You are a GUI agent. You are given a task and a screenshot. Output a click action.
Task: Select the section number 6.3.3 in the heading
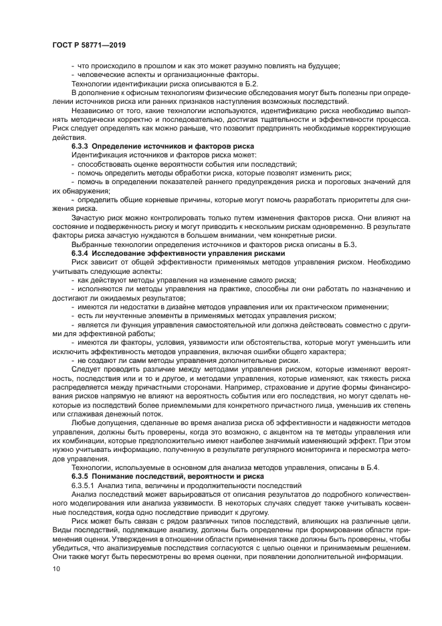point(80,145)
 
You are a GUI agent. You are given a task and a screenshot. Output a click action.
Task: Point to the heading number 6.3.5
point(80,476)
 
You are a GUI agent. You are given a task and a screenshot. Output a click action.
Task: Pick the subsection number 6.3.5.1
point(84,485)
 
